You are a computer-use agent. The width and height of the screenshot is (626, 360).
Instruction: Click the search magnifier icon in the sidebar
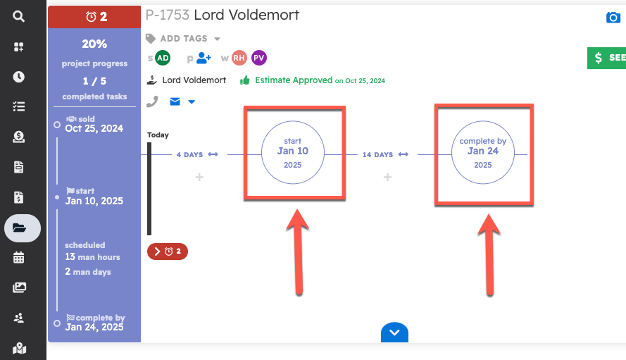point(19,16)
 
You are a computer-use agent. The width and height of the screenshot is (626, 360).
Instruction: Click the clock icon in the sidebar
point(19,77)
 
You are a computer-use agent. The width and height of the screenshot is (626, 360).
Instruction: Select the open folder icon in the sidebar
point(19,228)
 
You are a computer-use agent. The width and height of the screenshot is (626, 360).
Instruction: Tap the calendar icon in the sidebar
point(19,257)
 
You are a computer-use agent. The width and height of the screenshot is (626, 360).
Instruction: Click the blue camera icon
point(613,18)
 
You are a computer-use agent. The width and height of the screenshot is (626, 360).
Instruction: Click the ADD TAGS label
point(184,39)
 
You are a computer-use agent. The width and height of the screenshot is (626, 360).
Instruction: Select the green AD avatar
point(163,58)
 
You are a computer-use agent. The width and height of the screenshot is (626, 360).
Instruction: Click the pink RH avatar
point(239,58)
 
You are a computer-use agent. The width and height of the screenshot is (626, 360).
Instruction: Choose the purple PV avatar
point(258,58)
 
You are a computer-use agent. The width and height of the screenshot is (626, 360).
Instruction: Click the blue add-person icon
point(204,58)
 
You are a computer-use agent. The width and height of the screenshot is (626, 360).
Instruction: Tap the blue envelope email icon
point(175,102)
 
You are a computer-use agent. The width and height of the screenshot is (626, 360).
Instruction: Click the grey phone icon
point(152,102)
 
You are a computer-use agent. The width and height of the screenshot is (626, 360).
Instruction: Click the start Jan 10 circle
point(292,152)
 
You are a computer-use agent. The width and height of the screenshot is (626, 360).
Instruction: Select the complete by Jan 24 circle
point(482,152)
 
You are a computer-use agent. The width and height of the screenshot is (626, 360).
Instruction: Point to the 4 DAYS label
point(189,154)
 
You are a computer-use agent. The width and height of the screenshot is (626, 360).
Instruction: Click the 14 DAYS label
point(378,154)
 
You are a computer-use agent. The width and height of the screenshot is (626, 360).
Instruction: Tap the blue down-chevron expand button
point(394,332)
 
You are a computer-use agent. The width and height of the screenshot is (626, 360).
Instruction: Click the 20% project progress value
point(94,44)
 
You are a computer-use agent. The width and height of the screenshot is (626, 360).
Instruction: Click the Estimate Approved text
point(293,80)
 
